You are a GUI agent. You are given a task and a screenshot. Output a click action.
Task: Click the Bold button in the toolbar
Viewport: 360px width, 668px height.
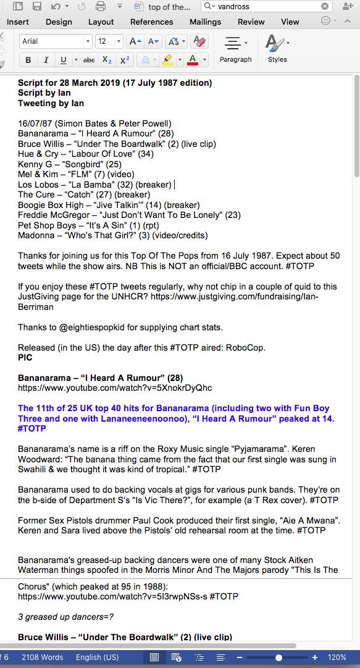click(x=28, y=60)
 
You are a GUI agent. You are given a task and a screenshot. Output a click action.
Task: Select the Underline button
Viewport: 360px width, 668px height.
click(x=63, y=60)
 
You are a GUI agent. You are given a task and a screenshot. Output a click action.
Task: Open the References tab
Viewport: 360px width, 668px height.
click(x=151, y=22)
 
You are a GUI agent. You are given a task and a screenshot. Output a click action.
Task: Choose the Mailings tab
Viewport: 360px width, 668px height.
click(x=205, y=22)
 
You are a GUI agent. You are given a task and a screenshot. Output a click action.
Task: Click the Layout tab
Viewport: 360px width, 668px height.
click(x=101, y=22)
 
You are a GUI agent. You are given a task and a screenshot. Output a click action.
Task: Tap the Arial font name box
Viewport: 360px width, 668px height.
click(x=52, y=41)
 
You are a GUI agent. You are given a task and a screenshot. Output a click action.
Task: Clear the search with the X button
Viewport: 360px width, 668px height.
click(x=325, y=6)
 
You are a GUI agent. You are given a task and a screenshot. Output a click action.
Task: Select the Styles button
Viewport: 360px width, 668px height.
click(x=277, y=49)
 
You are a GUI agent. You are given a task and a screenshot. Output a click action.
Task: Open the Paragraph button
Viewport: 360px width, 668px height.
click(x=235, y=49)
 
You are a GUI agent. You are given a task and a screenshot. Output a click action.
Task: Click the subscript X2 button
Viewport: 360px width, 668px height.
click(x=107, y=60)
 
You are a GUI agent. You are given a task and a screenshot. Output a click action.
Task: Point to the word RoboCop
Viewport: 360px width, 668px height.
click(x=247, y=348)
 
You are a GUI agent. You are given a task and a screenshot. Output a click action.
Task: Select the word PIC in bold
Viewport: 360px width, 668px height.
click(x=25, y=357)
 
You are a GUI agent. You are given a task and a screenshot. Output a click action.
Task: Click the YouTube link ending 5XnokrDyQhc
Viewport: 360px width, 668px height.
click(x=115, y=388)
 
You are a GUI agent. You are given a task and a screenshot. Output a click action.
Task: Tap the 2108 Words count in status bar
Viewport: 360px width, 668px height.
click(x=42, y=658)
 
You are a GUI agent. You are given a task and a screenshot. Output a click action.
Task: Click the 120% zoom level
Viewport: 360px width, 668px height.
click(x=337, y=658)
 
